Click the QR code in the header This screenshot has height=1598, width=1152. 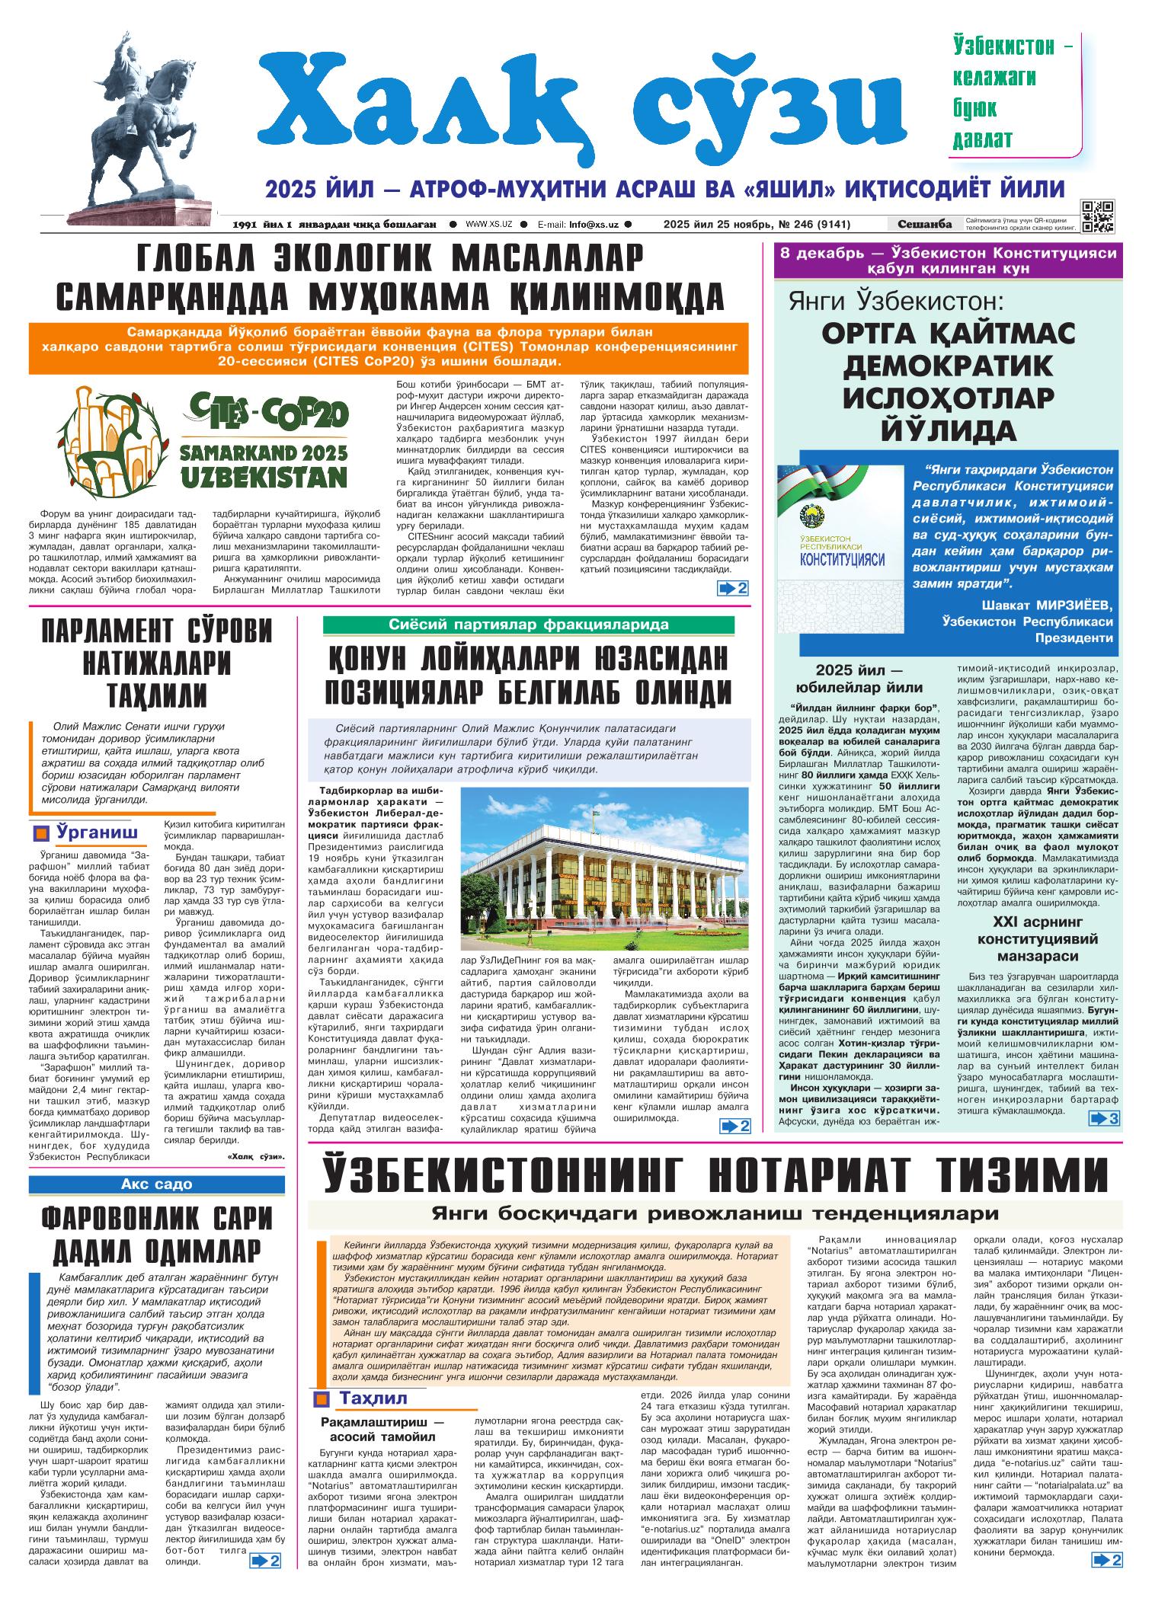tap(1097, 216)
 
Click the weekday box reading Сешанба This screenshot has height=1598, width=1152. tap(925, 224)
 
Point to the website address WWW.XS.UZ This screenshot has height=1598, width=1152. tap(488, 225)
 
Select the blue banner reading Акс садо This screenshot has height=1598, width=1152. tap(157, 1184)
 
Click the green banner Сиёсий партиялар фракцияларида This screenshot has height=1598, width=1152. tap(529, 625)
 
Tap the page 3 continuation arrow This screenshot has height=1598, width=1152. tap(1104, 1118)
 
